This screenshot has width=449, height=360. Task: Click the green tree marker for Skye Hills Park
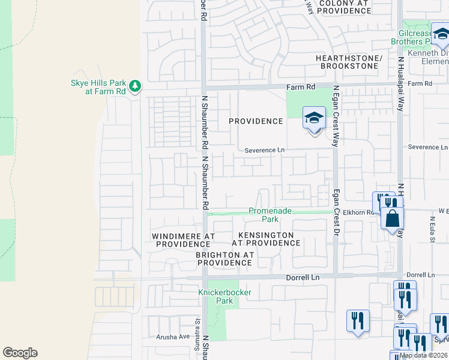136,86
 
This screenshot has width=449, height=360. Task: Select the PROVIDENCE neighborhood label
256,121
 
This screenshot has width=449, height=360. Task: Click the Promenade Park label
270,215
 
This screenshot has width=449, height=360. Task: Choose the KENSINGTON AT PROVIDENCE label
266,239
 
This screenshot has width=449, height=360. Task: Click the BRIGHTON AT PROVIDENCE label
224,259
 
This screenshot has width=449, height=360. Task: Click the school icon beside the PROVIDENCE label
313,118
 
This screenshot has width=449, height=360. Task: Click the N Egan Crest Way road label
336,115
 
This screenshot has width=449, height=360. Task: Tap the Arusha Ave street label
173,337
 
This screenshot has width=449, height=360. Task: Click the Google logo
20,353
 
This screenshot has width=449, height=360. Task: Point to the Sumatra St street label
196,329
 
